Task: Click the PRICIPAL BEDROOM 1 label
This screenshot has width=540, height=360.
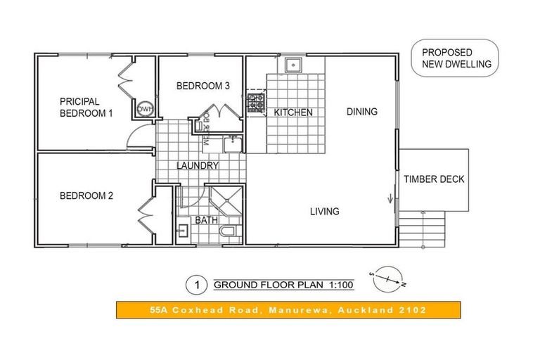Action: (86, 107)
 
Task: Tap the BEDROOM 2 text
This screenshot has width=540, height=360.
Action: (86, 196)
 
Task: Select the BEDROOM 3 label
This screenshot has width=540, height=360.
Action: (202, 86)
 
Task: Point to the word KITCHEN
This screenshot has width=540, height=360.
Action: (292, 112)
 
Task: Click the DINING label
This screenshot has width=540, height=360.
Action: (361, 111)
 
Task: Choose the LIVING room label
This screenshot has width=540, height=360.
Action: (324, 211)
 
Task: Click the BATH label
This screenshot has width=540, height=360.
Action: (206, 220)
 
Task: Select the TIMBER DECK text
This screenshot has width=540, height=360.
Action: (434, 179)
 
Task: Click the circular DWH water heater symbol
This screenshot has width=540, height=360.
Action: (146, 109)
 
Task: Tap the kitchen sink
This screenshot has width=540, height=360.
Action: (293, 65)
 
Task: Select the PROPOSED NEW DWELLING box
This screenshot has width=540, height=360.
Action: (456, 58)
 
